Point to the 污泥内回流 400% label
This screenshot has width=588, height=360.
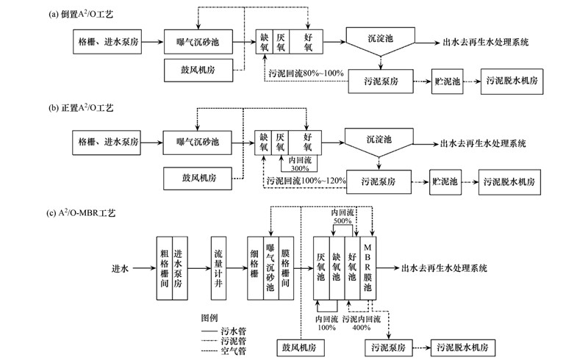point(361,323)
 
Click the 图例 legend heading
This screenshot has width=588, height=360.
point(209,319)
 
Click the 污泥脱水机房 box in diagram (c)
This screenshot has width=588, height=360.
point(467,345)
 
